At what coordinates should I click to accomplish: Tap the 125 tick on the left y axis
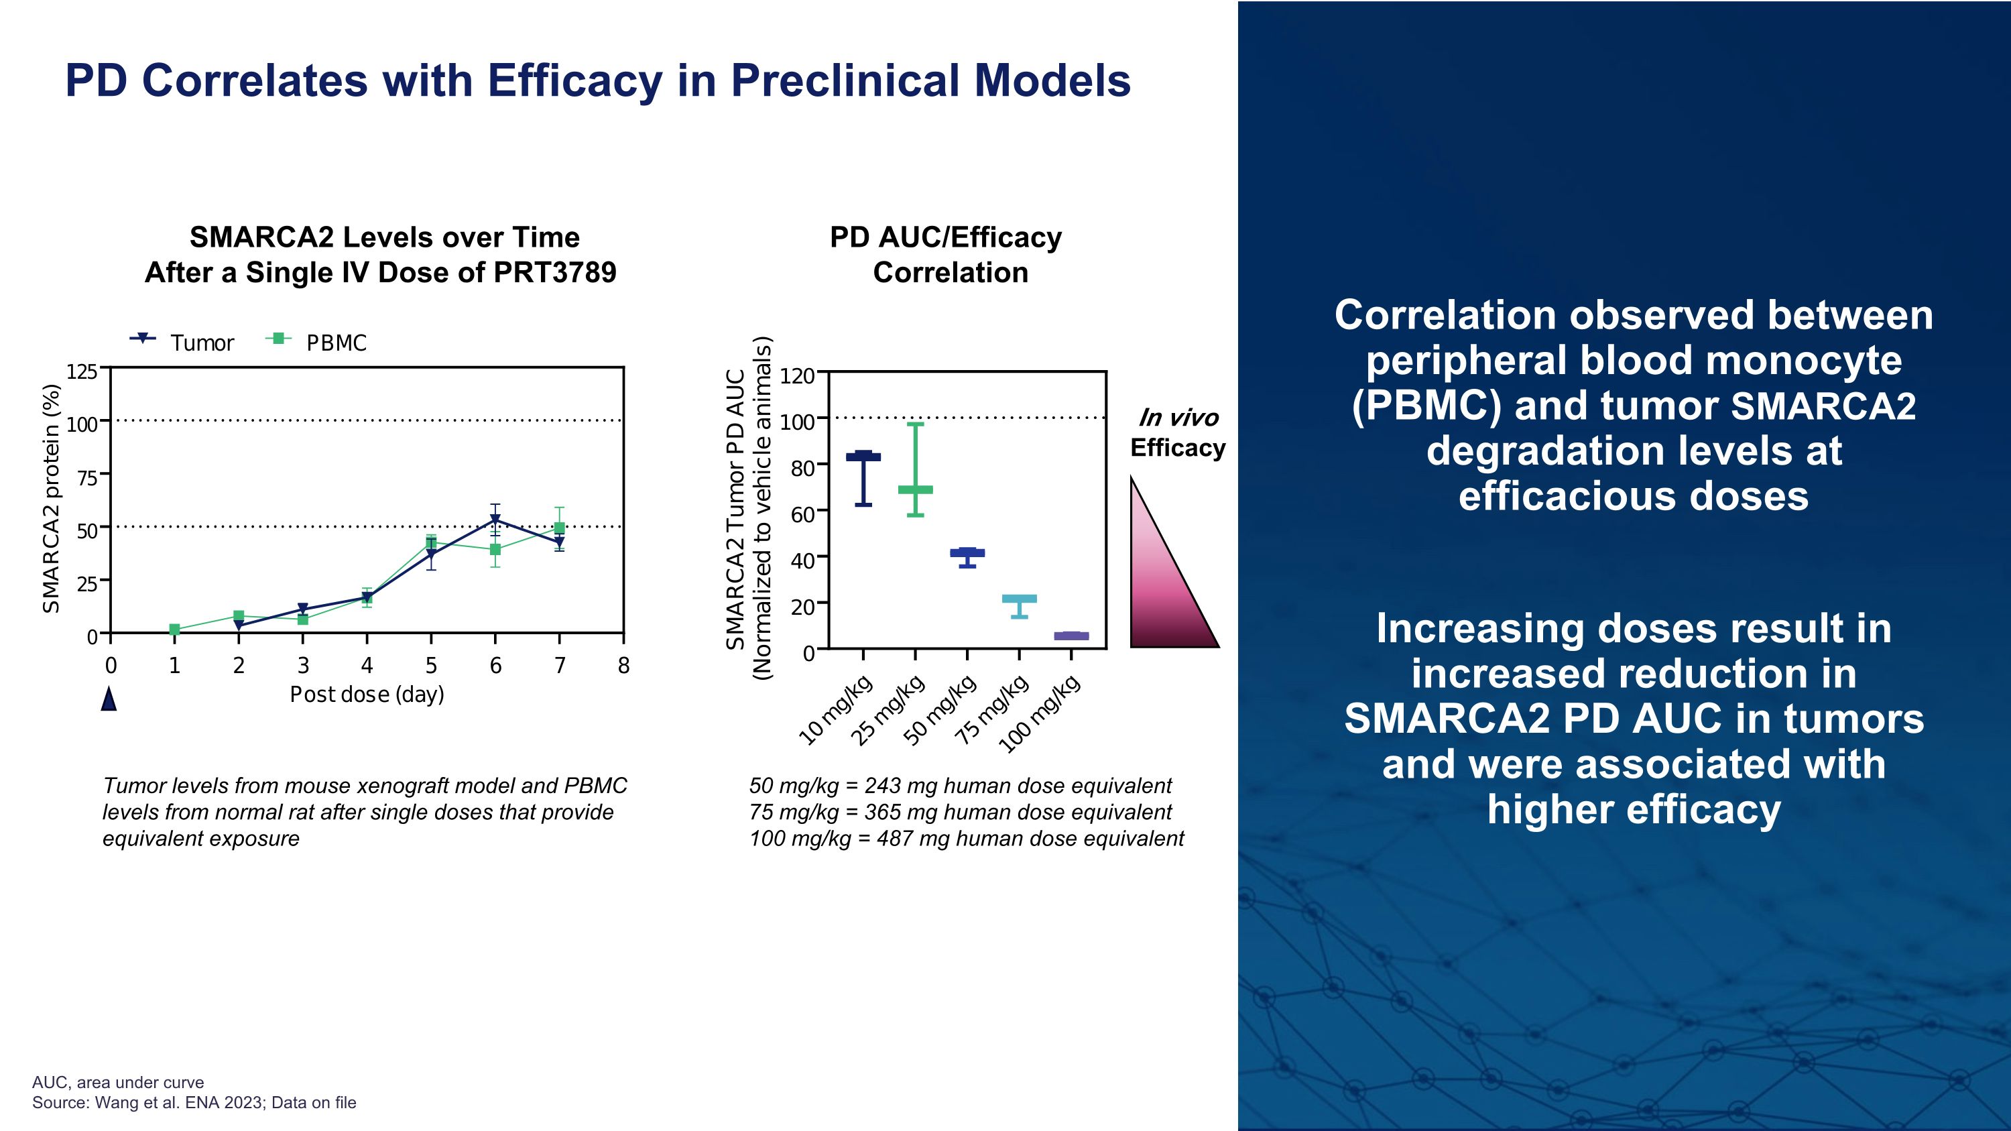(82, 371)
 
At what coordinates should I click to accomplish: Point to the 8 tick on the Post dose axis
(623, 666)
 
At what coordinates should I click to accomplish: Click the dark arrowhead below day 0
(109, 699)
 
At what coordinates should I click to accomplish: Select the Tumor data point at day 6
(495, 520)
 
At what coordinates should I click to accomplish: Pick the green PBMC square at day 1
(174, 629)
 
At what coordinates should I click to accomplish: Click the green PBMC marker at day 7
(559, 528)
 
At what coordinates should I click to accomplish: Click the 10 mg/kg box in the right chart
(863, 457)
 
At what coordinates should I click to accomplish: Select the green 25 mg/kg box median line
(916, 490)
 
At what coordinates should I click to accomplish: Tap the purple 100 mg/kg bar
(1071, 636)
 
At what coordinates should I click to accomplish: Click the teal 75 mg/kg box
(1020, 599)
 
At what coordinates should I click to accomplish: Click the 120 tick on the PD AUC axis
(797, 376)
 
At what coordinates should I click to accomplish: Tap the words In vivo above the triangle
(1178, 418)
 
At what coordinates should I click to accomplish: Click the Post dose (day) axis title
(367, 694)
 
